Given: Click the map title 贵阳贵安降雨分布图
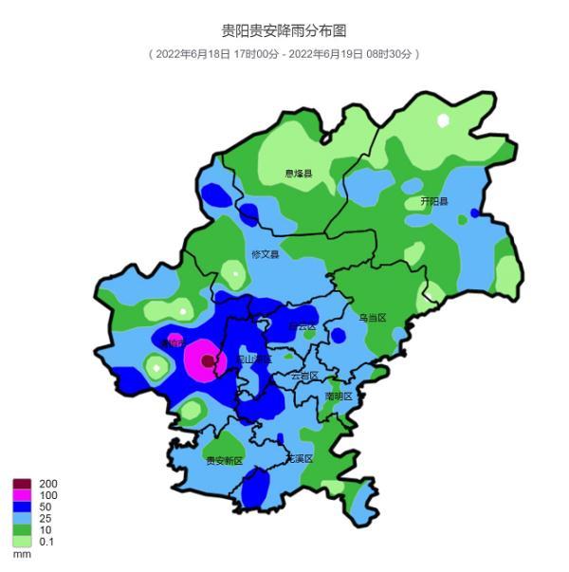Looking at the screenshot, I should pyautogui.click(x=284, y=31).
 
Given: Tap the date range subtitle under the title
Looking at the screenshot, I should pyautogui.click(x=284, y=54).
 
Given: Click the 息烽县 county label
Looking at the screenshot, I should pyautogui.click(x=299, y=174).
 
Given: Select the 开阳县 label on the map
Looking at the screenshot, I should pyautogui.click(x=434, y=202).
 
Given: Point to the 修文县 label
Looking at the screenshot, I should pyautogui.click(x=266, y=254).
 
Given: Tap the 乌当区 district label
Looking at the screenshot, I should pyautogui.click(x=372, y=318).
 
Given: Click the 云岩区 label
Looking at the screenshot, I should pyautogui.click(x=304, y=376).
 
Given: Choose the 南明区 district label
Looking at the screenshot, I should pyautogui.click(x=338, y=396).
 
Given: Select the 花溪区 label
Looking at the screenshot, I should pyautogui.click(x=299, y=458).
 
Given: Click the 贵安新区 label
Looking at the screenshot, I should pyautogui.click(x=225, y=460).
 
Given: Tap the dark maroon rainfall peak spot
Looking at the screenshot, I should pyautogui.click(x=208, y=360).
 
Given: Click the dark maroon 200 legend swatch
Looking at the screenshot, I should pyautogui.click(x=22, y=484).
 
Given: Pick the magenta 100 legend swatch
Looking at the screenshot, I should pyautogui.click(x=22, y=495).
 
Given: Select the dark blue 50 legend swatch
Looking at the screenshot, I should pyautogui.click(x=22, y=507).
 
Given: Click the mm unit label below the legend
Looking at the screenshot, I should pyautogui.click(x=22, y=554).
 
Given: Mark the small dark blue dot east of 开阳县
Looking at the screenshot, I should pyautogui.click(x=474, y=212).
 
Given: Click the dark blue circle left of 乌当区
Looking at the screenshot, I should pyautogui.click(x=338, y=335).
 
